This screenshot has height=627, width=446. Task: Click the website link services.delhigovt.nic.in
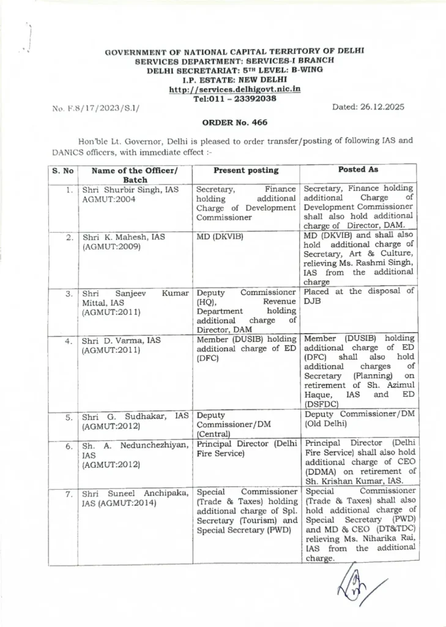(234, 89)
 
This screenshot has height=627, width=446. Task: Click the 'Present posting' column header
(246, 170)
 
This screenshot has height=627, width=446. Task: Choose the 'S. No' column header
(62, 171)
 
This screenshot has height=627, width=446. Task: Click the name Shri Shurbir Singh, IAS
(130, 190)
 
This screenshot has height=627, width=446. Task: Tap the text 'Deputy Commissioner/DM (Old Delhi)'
(359, 418)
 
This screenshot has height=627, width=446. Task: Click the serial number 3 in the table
(69, 294)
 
